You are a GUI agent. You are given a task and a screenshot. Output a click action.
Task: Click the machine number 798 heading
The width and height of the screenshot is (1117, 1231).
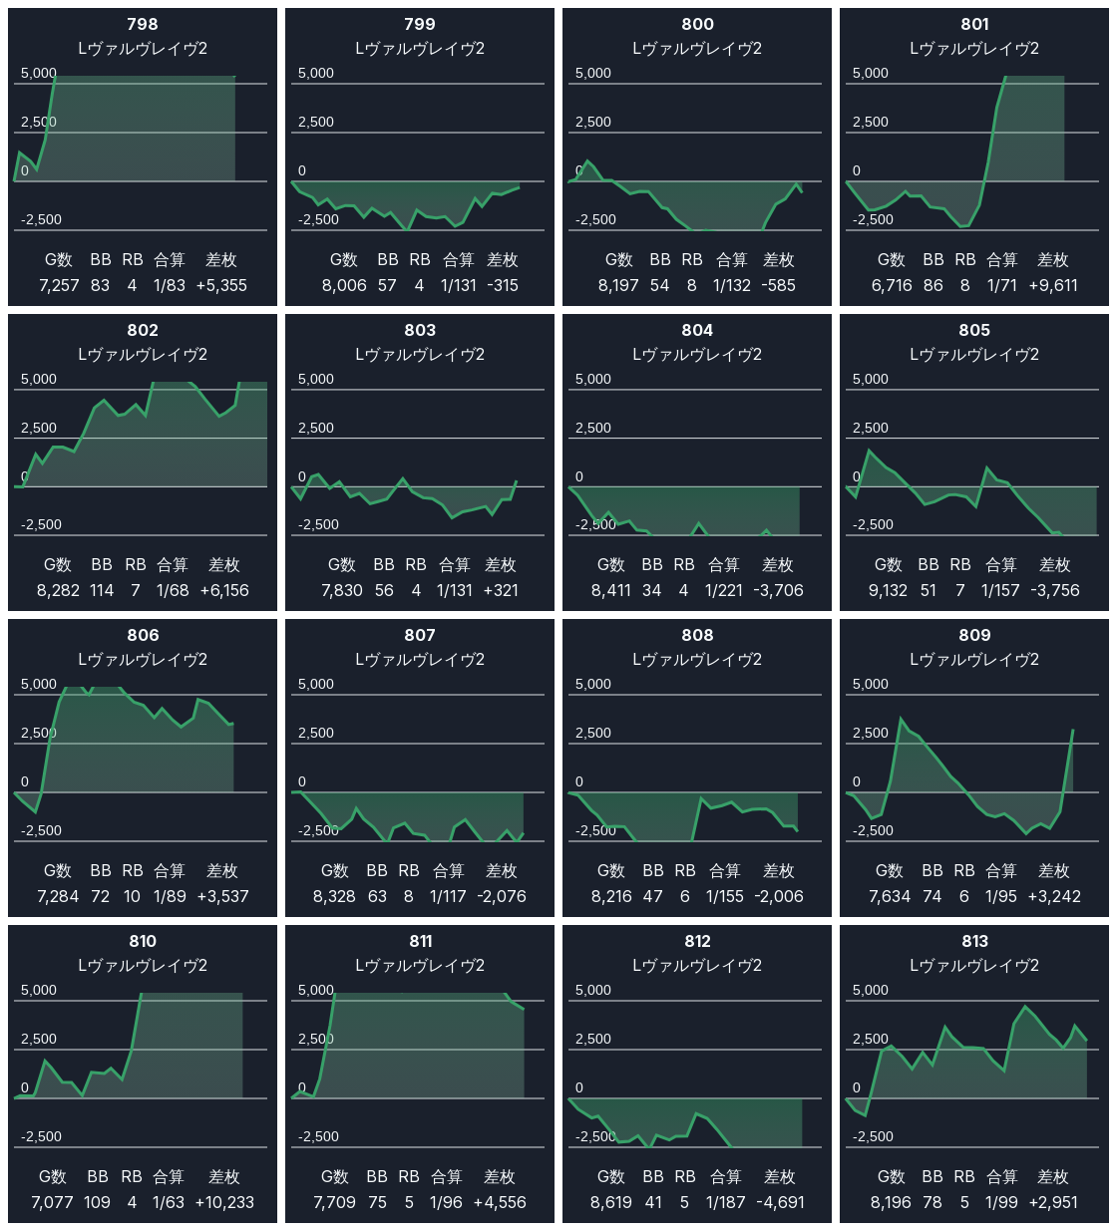pos(143,24)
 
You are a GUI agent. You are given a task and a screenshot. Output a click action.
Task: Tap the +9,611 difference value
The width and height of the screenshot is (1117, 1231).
pos(1053,285)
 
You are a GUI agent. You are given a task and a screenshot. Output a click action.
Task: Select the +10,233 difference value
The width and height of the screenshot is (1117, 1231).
pos(224,1202)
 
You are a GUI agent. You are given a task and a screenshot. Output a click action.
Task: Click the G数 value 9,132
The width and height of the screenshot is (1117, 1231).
pos(888,590)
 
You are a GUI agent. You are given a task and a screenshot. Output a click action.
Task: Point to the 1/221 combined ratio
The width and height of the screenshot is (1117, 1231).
pos(724,590)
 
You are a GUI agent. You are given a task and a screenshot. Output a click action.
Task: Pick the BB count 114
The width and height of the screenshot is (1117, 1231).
pos(102,590)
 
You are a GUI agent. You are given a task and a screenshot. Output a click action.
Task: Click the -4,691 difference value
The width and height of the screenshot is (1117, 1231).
pos(779,1202)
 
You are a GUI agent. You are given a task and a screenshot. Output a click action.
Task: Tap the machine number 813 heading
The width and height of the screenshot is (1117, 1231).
pos(974,941)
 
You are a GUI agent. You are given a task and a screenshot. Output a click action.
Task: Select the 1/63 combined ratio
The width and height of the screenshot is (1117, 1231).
pos(169,1202)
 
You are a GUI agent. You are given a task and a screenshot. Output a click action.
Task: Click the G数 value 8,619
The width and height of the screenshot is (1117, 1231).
pos(611,1202)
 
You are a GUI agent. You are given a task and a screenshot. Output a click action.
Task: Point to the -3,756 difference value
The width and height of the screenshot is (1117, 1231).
pos(1055,590)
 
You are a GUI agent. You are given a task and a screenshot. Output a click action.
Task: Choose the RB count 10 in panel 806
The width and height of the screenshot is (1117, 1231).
pos(133,896)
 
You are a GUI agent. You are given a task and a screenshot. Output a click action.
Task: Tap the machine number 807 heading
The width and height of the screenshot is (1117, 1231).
pos(420,635)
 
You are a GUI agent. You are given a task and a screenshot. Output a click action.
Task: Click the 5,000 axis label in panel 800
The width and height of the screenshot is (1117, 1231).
pos(593,73)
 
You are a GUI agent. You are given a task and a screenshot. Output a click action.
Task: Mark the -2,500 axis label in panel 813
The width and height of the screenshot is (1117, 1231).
pos(873,1136)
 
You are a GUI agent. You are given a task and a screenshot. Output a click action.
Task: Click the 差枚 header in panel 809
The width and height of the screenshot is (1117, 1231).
pos(1054,871)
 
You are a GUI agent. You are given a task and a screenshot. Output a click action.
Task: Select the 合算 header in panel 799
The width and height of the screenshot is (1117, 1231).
pos(459,260)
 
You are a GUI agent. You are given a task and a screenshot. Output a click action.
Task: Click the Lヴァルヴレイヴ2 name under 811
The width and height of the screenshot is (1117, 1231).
pos(420,965)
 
